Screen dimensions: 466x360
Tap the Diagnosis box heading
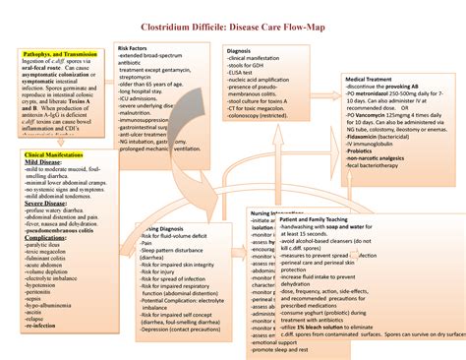point(239,50)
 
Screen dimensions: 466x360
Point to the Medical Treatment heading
point(369,78)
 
